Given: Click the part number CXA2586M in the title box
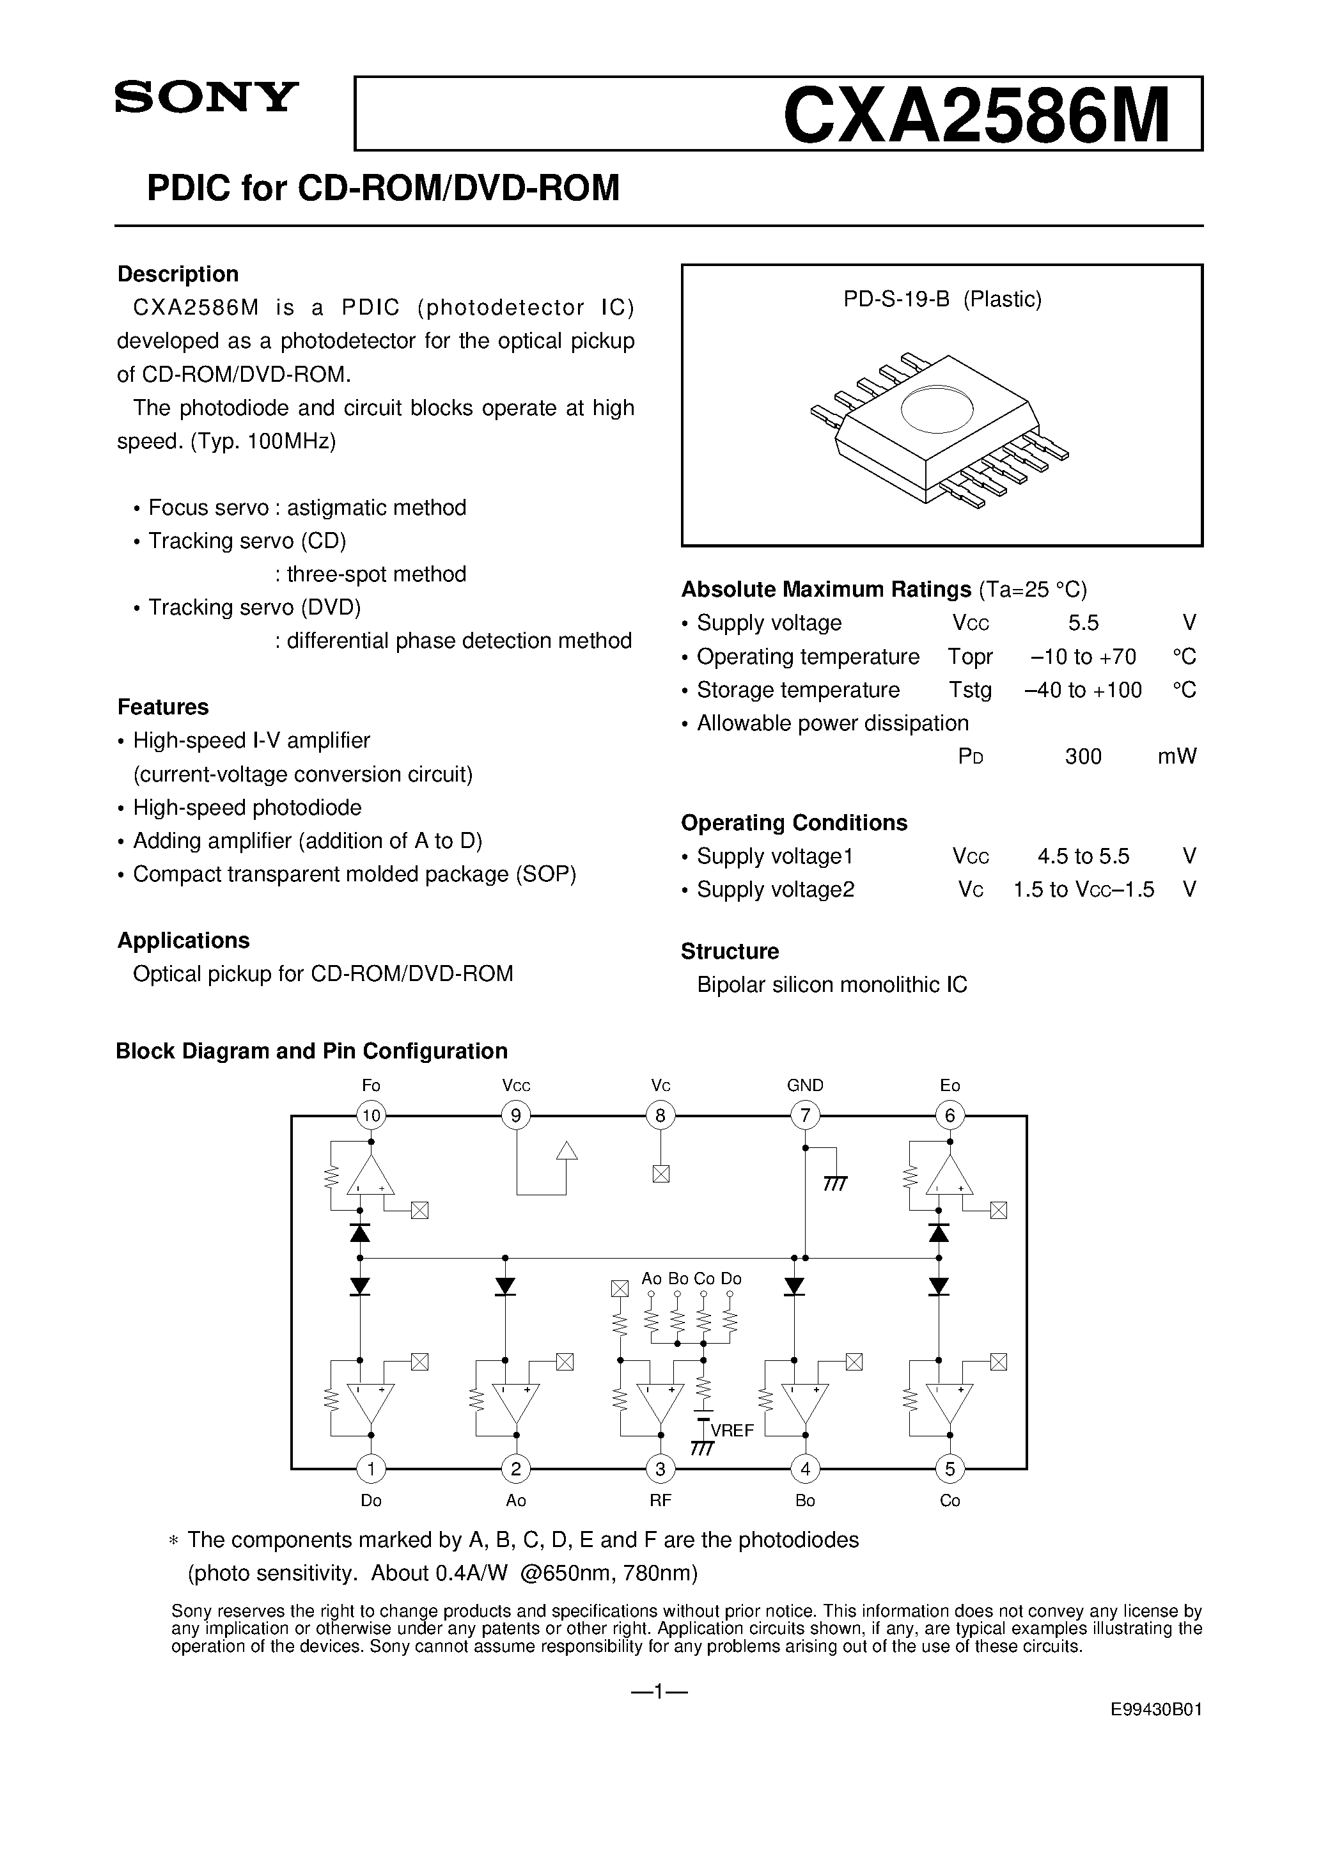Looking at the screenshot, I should coord(976,116).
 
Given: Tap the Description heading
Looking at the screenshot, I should coord(178,274).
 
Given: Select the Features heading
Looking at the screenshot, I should coord(163,707).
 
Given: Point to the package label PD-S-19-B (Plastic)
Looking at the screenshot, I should coord(942,300).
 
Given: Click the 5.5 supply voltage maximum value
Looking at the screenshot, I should coord(1083,623).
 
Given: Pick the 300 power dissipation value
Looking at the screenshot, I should coord(1083,757).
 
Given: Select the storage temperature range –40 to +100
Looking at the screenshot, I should coord(1083,690).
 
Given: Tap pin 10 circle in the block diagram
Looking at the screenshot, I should coord(371,1115).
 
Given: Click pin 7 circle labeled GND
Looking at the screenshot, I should coord(804,1115).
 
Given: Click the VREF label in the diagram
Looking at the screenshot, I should coord(732,1430).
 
